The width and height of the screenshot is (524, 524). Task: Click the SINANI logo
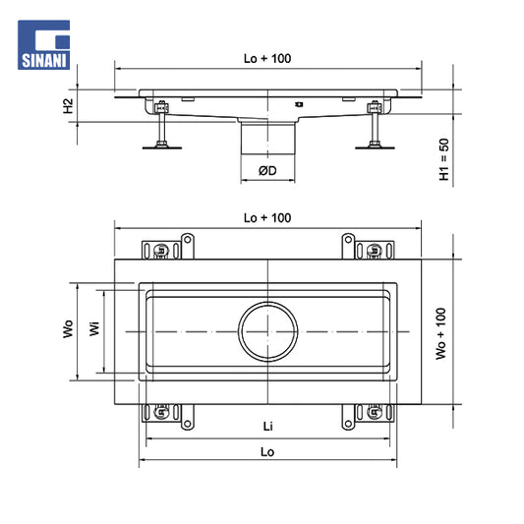coord(44,45)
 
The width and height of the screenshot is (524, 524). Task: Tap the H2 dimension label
coord(68,106)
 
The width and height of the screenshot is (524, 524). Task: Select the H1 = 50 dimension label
coord(443,159)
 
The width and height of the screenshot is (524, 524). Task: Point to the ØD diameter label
coord(267,171)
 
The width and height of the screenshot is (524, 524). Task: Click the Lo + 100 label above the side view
coord(267,58)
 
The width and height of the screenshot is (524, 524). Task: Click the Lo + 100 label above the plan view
coord(267,218)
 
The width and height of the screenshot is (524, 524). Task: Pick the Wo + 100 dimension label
coord(441,333)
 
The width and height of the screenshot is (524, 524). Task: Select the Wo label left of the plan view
coord(68,328)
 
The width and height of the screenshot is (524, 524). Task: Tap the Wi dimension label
coord(94,328)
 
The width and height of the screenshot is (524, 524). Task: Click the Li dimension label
coord(268,426)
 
